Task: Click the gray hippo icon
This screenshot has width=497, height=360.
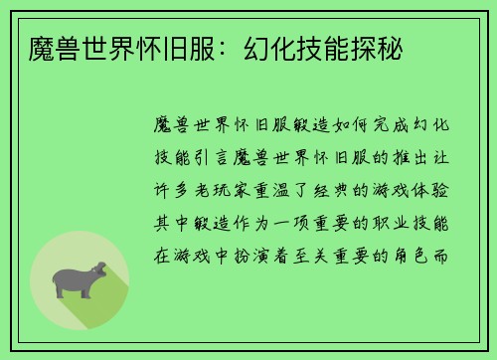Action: pos(79,279)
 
